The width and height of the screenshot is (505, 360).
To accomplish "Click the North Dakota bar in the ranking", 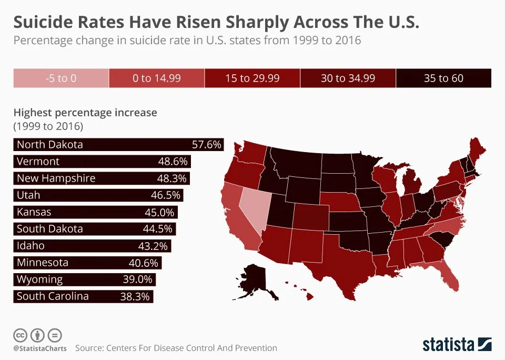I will tap(118, 145).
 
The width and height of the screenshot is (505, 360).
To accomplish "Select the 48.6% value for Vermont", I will tap(174, 162).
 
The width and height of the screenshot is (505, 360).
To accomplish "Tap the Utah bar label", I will tap(28, 195).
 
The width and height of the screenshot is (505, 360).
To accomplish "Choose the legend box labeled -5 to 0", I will tap(60, 78).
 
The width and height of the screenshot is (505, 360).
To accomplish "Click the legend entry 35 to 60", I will tap(443, 78).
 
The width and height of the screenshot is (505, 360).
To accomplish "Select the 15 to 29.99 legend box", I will tap(252, 78).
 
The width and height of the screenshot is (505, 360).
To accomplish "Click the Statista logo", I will tap(457, 345).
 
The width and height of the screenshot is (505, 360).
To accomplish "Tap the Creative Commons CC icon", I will tap(20, 335).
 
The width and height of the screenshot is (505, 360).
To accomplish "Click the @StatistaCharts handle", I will tap(40, 348).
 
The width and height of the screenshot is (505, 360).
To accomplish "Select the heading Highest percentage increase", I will tap(85, 113).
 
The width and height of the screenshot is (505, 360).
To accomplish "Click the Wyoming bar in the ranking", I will tap(84, 279).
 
